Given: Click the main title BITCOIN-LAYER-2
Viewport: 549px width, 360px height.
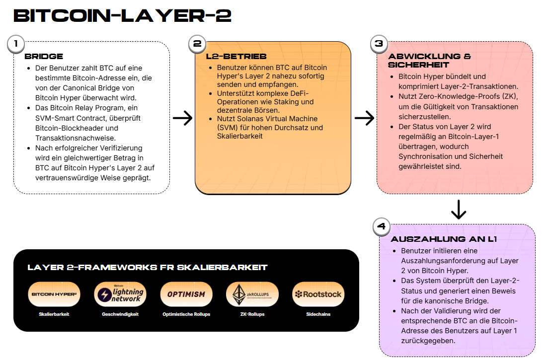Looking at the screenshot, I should [x=122, y=16].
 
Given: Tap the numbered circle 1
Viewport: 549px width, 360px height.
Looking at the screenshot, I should [x=16, y=44].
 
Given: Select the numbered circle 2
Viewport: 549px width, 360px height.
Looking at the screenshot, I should [x=197, y=44].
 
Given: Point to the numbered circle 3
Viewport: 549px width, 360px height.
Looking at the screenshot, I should [x=379, y=44].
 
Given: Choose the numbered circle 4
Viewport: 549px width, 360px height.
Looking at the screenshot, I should [x=381, y=226].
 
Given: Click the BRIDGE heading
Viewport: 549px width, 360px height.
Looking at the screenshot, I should [x=44, y=57].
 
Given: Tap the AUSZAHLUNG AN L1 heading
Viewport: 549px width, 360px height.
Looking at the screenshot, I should [x=444, y=239].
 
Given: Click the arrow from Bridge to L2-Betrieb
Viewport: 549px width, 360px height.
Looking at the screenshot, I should [x=182, y=118].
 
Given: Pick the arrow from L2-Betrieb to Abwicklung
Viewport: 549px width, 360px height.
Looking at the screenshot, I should [x=364, y=118].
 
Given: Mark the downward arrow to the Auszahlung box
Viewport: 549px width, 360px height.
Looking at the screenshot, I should [x=458, y=210].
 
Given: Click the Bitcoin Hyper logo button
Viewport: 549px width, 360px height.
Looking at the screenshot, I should [x=54, y=294].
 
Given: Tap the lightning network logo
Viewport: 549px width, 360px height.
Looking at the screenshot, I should [x=120, y=294].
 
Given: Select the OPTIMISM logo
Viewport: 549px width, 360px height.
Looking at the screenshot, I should [x=186, y=294].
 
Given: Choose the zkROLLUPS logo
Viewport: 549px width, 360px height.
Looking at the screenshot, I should [x=252, y=294].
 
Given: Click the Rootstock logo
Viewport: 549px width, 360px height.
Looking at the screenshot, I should [x=318, y=294].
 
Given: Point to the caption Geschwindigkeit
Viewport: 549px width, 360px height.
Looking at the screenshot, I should [x=120, y=314].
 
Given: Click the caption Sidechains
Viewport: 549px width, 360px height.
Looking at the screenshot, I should [x=318, y=314].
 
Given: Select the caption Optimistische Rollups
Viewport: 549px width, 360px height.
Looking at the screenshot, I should [x=186, y=314].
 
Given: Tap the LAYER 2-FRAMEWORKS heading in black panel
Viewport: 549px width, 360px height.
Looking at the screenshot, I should [x=148, y=268].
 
